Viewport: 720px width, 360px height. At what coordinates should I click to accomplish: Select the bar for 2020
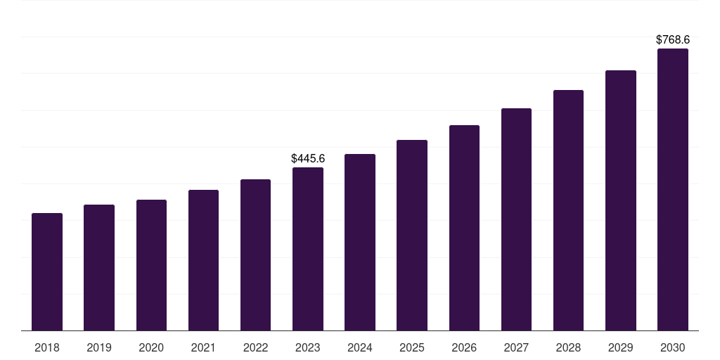pos(151,265)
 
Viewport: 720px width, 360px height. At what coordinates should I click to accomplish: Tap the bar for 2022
pos(255,255)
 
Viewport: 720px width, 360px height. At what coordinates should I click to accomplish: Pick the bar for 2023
pos(308,249)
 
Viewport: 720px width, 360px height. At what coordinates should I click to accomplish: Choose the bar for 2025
pos(412,235)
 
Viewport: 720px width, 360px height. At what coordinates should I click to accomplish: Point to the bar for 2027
pos(516,219)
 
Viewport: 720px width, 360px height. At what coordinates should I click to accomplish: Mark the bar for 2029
pos(620,200)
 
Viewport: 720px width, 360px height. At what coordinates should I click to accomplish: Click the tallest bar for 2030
pos(672,189)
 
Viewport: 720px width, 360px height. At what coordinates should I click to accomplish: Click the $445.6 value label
pos(308,159)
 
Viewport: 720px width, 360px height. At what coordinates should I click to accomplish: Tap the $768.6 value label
pos(672,40)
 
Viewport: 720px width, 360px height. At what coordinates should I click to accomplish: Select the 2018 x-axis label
pos(47,348)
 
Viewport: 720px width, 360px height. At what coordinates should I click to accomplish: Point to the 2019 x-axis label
pos(99,348)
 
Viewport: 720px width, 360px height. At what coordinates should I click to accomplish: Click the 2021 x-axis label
pos(203,348)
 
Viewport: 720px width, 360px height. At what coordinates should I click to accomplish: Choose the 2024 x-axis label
pos(360,348)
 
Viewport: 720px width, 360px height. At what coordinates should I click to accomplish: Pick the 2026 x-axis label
pos(464,348)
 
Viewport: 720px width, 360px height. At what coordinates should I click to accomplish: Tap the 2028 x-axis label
pos(568,348)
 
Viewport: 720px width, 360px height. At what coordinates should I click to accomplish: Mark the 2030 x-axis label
pos(672,348)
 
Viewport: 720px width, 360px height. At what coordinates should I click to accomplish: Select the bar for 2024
pos(360,242)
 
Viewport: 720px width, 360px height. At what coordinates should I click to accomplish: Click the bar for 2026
pos(464,228)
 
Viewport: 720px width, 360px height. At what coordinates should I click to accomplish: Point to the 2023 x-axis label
pos(308,348)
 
